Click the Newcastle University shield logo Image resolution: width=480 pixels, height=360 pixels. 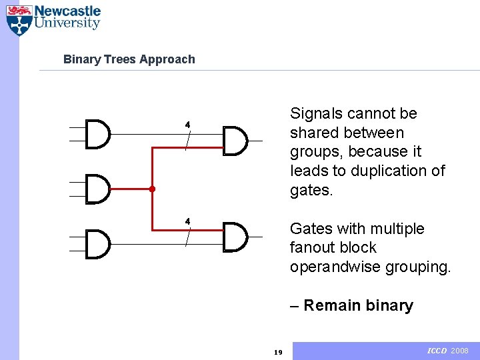(19, 20)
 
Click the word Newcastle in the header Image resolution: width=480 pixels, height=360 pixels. (67, 11)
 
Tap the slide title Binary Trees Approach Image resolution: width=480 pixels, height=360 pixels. (129, 59)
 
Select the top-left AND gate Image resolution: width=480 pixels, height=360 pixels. (99, 135)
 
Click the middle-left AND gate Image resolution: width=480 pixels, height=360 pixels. (99, 189)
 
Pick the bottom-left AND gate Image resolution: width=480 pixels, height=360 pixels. (99, 244)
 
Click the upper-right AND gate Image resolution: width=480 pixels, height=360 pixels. (235, 141)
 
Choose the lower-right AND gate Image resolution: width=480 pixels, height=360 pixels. (235, 237)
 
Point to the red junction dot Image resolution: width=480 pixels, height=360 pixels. (152, 189)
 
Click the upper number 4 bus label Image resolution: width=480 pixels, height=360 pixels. (187, 125)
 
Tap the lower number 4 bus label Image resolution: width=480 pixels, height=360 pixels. (187, 221)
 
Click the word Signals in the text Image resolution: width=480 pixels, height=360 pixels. (315, 114)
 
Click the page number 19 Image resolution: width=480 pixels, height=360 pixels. (279, 352)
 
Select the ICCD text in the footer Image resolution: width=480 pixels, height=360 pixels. (436, 351)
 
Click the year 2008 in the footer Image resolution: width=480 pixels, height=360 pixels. (460, 351)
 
